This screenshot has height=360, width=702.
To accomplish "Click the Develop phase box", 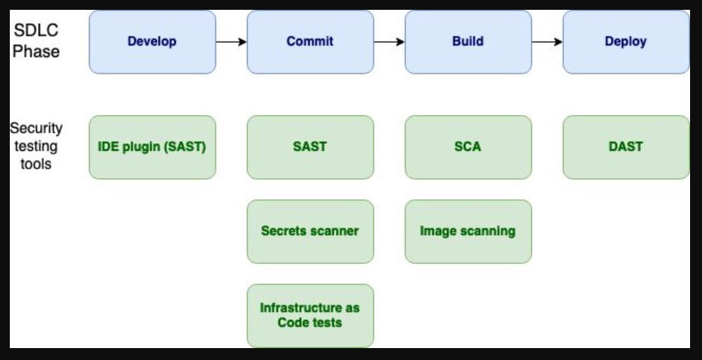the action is point(152,42).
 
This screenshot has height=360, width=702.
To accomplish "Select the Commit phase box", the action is point(310,42).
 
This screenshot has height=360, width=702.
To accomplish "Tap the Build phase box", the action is point(468,42).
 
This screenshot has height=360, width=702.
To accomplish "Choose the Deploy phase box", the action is point(626,42).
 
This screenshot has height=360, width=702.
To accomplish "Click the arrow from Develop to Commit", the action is point(232,42).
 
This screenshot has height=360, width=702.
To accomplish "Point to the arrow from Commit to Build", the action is point(390,42).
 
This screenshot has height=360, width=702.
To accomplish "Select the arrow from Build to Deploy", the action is point(547,42).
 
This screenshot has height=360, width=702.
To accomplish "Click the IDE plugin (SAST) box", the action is point(152,147).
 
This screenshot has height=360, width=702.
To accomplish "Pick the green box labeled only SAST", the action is point(310,147).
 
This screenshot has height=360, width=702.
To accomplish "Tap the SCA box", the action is point(468,147).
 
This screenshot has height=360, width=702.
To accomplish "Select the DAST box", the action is point(626,147).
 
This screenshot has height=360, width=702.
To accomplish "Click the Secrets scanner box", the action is point(310,232).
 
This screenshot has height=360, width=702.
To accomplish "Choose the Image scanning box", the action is point(468,232).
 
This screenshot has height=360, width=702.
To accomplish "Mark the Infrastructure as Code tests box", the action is point(310,316).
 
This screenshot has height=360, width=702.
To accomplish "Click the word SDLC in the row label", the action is point(36,30).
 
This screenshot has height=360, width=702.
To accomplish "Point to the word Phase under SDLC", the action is point(36,51).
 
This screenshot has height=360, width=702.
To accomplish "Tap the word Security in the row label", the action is point(37,128).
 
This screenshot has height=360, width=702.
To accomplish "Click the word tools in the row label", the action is point(36,164).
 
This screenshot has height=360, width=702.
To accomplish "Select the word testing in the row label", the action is point(36,147).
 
